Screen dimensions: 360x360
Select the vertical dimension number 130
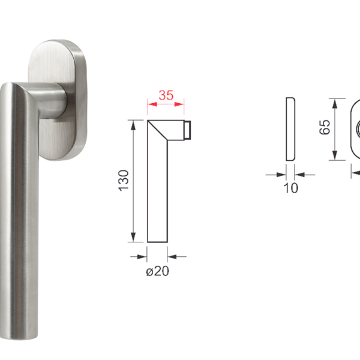[122, 180]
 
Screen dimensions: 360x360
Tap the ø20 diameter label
[157, 271]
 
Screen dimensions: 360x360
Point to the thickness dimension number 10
[290, 188]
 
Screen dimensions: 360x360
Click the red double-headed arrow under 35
[166, 104]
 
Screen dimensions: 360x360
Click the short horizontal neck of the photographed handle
[54, 102]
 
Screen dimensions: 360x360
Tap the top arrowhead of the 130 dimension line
[132, 123]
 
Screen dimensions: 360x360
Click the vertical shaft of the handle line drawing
[157, 192]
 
